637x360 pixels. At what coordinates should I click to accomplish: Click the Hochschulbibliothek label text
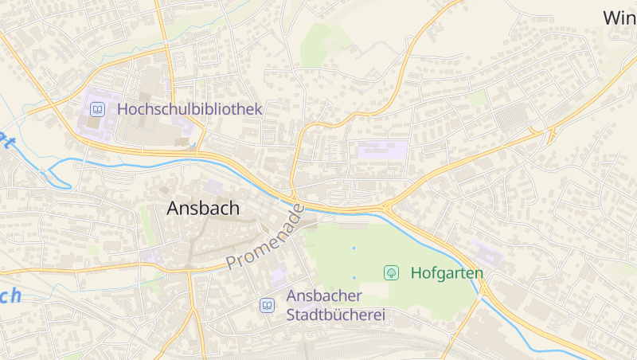190,109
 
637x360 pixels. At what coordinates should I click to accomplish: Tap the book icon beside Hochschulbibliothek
97,109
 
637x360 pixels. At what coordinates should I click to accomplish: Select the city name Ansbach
203,209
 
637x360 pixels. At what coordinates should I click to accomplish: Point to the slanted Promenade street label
265,237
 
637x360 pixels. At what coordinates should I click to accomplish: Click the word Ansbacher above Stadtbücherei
325,296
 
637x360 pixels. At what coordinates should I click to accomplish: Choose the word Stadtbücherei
335,315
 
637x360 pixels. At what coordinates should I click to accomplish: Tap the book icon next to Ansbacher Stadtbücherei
268,305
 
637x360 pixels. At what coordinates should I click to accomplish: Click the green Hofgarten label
447,273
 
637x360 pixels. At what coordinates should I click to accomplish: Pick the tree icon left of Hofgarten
391,273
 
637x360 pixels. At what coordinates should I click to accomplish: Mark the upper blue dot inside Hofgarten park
354,248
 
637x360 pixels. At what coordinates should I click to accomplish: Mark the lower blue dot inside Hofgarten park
354,277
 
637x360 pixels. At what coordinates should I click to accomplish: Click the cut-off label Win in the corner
619,18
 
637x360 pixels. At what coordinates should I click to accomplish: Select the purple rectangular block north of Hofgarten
382,150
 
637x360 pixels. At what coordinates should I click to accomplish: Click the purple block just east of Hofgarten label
487,252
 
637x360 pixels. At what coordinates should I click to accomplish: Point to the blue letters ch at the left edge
10,296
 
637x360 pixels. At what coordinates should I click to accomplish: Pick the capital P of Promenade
232,262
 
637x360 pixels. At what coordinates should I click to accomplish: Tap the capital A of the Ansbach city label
174,209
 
